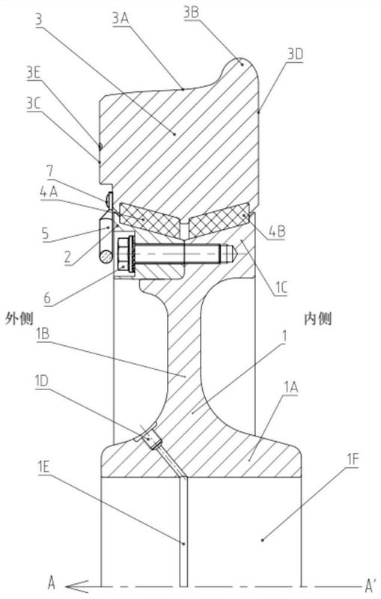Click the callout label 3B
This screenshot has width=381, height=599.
(192, 13)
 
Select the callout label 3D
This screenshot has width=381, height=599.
(295, 55)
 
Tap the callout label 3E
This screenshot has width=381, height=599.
(34, 73)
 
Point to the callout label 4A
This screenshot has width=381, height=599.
(49, 192)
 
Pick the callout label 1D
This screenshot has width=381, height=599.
(41, 381)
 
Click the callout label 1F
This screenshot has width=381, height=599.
(353, 460)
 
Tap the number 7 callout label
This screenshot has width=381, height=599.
(50, 171)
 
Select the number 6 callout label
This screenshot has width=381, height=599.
(47, 298)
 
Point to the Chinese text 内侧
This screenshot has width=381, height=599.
(317, 319)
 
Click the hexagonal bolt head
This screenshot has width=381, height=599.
(124, 253)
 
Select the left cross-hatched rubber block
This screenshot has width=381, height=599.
(150, 219)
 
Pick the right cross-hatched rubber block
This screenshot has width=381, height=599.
(219, 221)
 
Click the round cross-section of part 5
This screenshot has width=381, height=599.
(106, 256)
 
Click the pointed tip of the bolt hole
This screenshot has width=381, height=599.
(238, 254)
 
